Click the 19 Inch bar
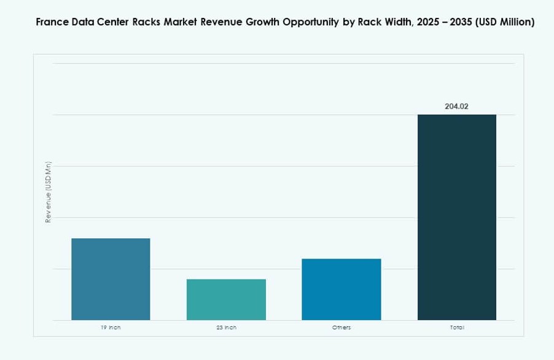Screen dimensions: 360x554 point(111,279)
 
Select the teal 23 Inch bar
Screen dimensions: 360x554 point(226,299)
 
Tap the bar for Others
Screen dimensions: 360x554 point(341,289)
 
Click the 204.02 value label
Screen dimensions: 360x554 point(456,106)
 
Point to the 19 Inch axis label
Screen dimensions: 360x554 point(111,327)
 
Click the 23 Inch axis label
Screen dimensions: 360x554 point(226,327)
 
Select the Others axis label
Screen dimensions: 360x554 point(341,327)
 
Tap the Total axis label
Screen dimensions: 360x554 point(456,327)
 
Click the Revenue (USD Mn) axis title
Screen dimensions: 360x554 point(49,192)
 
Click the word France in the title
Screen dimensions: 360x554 point(51,22)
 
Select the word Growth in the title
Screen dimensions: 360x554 point(260,22)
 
